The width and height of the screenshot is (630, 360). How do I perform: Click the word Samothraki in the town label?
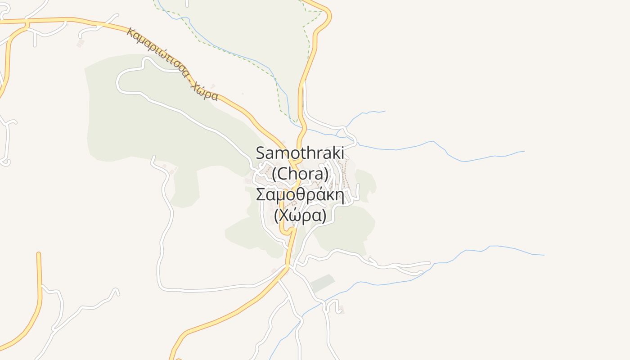(300, 153)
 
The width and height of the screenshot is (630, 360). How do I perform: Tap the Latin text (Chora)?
(300, 174)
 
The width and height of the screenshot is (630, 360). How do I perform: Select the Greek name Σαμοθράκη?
(300, 195)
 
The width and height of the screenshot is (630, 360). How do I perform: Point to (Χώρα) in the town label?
(300, 216)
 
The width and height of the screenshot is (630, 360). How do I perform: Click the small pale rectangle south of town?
(323, 283)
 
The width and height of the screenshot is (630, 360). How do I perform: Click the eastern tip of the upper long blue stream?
(523, 152)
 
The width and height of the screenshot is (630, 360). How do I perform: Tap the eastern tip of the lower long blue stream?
(543, 255)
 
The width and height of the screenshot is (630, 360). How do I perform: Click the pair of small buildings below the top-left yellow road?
(81, 43)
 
